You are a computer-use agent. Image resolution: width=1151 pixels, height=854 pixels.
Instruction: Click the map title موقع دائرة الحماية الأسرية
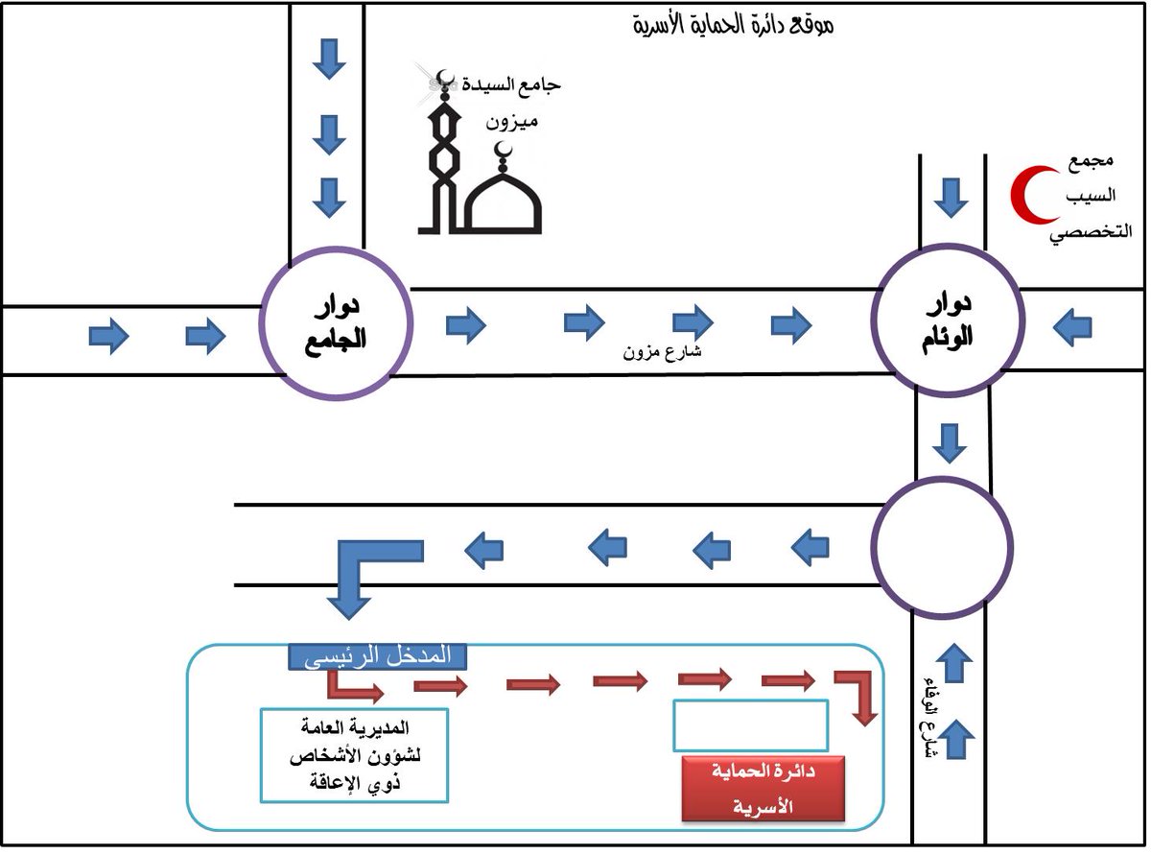pyautogui.click(x=735, y=25)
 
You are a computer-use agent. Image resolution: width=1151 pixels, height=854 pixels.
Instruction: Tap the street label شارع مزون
pyautogui.click(x=663, y=351)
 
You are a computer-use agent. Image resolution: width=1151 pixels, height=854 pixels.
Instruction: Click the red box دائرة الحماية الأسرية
pyautogui.click(x=763, y=789)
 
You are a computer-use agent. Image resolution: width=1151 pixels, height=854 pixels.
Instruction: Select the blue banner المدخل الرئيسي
pyautogui.click(x=377, y=657)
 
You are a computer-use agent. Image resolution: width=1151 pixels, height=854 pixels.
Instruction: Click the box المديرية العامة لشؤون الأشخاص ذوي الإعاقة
pyautogui.click(x=355, y=755)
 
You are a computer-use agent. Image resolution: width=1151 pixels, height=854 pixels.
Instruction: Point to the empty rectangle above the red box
pyautogui.click(x=750, y=726)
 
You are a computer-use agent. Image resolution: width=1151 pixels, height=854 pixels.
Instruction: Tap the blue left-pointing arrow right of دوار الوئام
pyautogui.click(x=1072, y=328)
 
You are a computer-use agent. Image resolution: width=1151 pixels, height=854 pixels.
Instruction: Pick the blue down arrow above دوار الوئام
pyautogui.click(x=951, y=198)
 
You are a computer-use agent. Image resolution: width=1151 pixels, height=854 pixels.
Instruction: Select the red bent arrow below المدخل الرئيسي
pyautogui.click(x=352, y=686)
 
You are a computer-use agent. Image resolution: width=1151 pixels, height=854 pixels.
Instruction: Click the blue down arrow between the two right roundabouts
pyautogui.click(x=951, y=442)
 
